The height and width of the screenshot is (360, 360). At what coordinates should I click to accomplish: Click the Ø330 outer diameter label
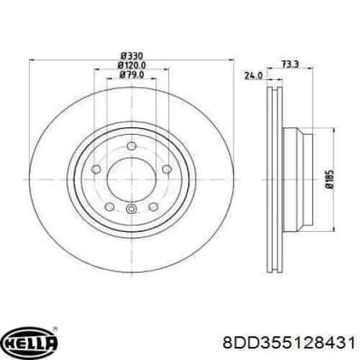pyautogui.click(x=132, y=56)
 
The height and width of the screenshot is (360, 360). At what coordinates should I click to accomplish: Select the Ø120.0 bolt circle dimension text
pyautogui.click(x=132, y=66)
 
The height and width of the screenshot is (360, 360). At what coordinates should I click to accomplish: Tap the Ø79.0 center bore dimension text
pyautogui.click(x=132, y=75)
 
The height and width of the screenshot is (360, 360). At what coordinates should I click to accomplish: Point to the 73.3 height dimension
pyautogui.click(x=289, y=64)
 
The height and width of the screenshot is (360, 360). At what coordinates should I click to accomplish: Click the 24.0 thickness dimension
pyautogui.click(x=253, y=76)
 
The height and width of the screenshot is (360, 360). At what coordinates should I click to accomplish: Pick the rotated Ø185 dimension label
pyautogui.click(x=329, y=179)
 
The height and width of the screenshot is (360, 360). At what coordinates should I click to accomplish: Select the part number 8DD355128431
pyautogui.click(x=289, y=343)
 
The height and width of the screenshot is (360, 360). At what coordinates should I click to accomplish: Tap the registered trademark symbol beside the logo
pyautogui.click(x=54, y=328)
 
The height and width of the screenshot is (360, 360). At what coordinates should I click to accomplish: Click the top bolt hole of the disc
pyautogui.click(x=132, y=146)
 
